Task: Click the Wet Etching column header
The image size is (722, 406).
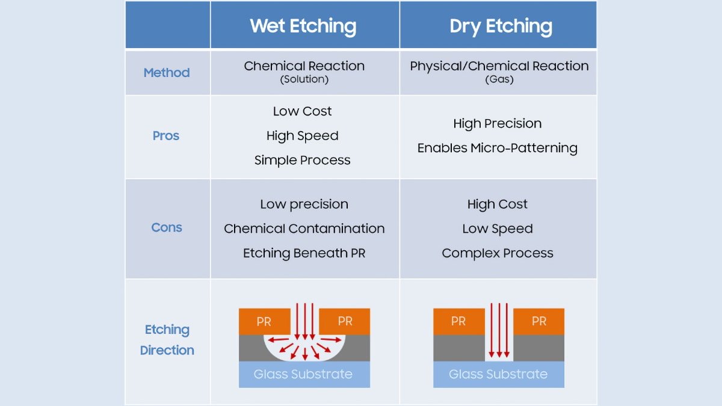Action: click(x=303, y=26)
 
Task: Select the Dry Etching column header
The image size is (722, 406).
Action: click(x=501, y=26)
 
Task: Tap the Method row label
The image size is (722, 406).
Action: click(x=167, y=73)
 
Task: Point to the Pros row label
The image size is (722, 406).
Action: click(x=165, y=136)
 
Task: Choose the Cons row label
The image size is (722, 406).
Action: click(x=167, y=227)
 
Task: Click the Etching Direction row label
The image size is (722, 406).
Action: click(x=167, y=340)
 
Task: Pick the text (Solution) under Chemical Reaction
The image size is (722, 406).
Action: click(x=304, y=79)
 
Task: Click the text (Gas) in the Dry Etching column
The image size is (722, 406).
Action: click(x=499, y=79)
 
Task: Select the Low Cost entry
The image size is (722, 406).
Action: click(x=302, y=111)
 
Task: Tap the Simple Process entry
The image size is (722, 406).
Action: click(x=302, y=160)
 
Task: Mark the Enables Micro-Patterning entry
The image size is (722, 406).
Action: click(x=498, y=148)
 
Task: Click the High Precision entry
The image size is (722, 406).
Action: click(x=498, y=123)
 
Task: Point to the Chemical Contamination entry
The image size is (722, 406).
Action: click(x=304, y=229)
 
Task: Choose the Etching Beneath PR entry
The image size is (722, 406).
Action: click(x=304, y=253)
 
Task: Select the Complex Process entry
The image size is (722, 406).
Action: click(x=498, y=253)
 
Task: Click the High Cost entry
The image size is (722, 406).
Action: click(x=498, y=204)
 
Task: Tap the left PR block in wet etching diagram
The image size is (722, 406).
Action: click(x=265, y=322)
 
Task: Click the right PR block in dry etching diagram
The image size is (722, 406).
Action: click(x=538, y=322)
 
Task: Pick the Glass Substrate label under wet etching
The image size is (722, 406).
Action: click(x=303, y=374)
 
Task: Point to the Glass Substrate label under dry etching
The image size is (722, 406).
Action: click(x=498, y=374)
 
